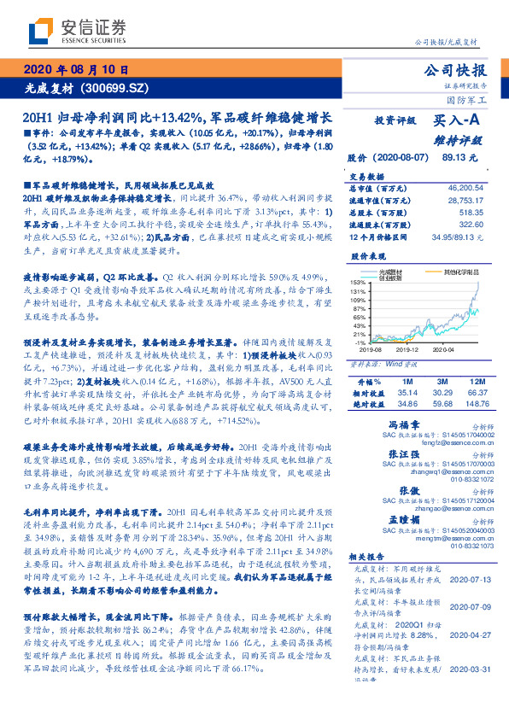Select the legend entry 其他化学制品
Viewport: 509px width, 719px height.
(461, 272)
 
